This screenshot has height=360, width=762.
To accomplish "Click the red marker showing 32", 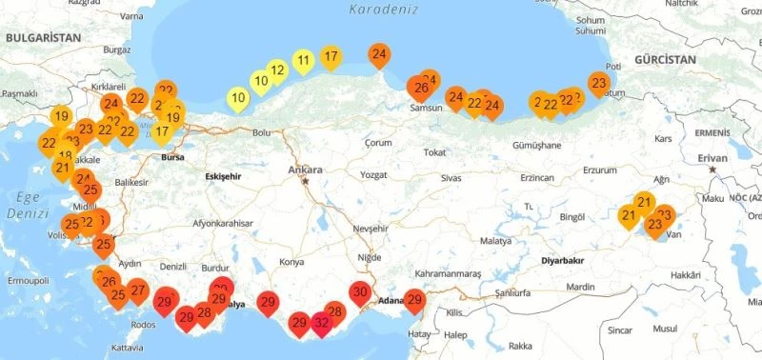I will coord(322,323).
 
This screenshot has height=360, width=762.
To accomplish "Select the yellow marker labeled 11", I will coord(303,63).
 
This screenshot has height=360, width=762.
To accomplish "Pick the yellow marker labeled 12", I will coord(277,70).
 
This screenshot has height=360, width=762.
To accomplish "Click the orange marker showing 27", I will coord(138,291).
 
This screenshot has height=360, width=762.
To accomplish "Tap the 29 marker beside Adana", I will coord(414,300).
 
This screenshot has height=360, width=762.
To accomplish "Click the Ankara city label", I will coord(306,170).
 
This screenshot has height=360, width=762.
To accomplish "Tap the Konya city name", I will coord(291,261).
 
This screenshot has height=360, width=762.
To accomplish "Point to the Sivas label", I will coord(451,178).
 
